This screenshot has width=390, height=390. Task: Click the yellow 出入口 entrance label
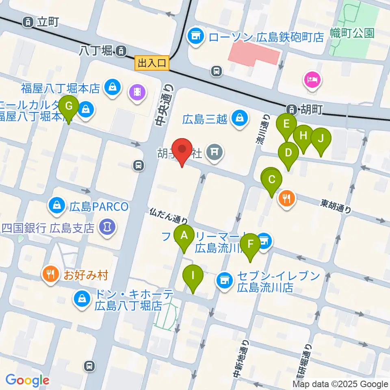pyautogui.click(x=152, y=63)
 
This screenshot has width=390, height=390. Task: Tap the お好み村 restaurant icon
pyautogui.click(x=50, y=275)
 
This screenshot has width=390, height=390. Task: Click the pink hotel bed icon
pyautogui.click(x=312, y=78)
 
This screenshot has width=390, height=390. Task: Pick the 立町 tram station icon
pyautogui.click(x=28, y=22)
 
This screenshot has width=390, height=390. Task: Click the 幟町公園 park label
pyautogui.click(x=352, y=33)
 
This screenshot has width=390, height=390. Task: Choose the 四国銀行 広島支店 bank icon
pyautogui.click(x=107, y=226)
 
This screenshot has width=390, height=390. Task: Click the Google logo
pyautogui.click(x=27, y=380)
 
